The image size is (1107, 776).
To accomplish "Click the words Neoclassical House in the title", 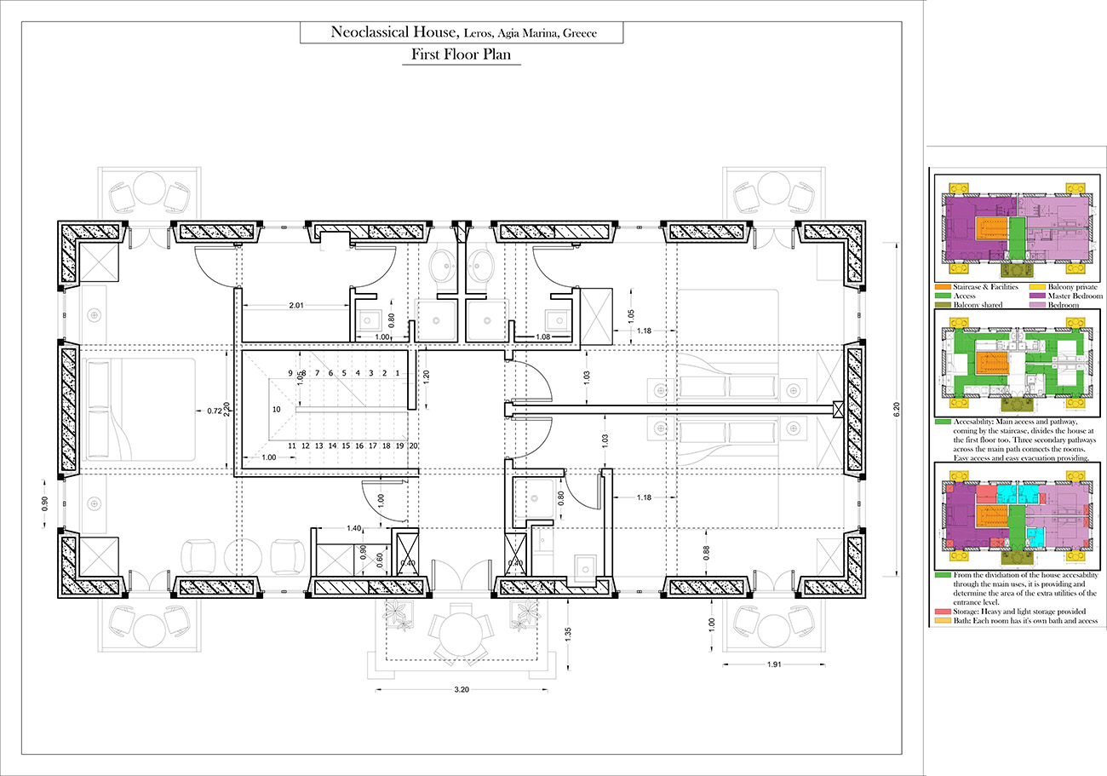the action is tap(394, 32).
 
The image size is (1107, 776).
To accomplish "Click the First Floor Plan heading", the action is tap(461, 54).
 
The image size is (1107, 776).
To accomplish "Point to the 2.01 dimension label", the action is tap(296, 306).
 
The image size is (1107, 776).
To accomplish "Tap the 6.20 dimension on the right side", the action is tap(897, 409).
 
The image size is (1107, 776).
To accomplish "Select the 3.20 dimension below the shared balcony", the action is tap(462, 689).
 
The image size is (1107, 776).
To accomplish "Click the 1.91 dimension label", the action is tap(774, 664).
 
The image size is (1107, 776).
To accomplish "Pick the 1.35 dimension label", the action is tap(568, 634).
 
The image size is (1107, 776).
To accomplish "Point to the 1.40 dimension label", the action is tap(354, 528).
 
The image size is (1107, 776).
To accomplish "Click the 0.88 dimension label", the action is tap(706, 553).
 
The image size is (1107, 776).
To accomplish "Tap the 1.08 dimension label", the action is tap(542, 336).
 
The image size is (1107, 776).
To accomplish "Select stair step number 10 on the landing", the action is tap(276, 409).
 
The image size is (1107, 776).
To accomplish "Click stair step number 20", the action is tap(413, 445).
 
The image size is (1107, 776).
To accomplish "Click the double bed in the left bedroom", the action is tap(141, 409).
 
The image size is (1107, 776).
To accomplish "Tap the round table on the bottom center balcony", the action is tap(461, 635).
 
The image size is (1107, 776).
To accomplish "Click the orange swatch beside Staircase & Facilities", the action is tap(943, 287).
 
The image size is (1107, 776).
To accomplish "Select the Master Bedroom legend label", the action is tap(1075, 296).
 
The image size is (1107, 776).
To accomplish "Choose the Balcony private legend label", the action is tap(1072, 287).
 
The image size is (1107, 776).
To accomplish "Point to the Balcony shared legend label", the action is tap(978, 305).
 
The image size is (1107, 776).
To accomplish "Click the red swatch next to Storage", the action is tap(943, 612).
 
